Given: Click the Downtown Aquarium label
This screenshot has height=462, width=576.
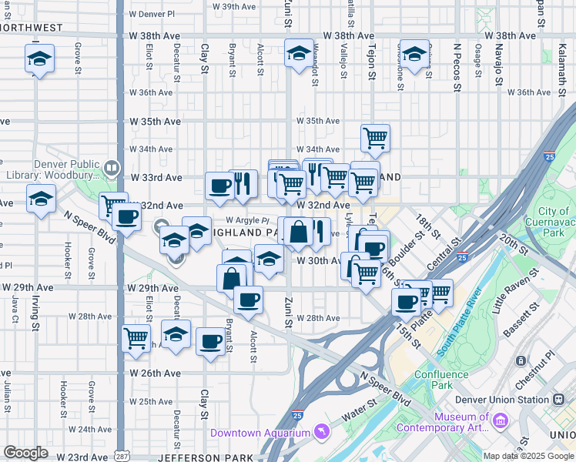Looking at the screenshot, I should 260,433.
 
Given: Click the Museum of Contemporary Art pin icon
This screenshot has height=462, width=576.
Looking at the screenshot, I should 501,421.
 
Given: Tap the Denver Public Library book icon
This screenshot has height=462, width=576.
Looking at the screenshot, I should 112,166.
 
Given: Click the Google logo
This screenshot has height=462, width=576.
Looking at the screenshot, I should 25,453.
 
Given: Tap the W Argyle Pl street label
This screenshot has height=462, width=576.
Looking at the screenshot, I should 246,220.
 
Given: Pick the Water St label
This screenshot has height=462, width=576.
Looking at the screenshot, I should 359,409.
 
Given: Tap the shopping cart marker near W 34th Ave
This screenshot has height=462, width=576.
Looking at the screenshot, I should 375,139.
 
